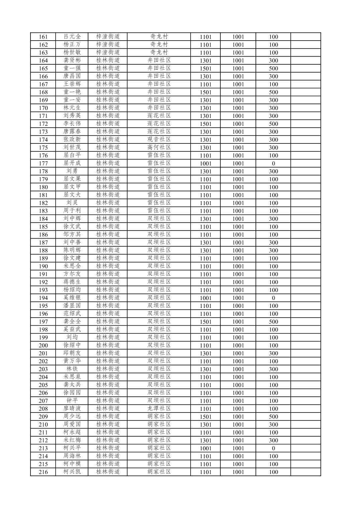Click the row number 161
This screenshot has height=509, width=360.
[43, 37]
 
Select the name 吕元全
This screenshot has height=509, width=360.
[72, 37]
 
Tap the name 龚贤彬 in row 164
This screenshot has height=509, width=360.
[72, 60]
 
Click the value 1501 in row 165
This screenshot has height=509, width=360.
[206, 68]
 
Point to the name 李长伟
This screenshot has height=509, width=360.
[72, 124]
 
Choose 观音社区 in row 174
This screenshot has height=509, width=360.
[159, 139]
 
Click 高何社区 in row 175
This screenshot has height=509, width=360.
[159, 147]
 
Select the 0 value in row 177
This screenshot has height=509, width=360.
[273, 164]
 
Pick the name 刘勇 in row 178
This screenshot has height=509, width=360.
[72, 171]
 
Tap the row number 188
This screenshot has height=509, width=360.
[43, 250]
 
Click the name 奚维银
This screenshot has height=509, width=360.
[72, 298]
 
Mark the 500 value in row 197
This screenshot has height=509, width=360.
[273, 322]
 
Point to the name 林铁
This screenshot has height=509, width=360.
[72, 369]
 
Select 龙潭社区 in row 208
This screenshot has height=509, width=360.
[159, 408]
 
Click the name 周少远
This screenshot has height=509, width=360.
[72, 417]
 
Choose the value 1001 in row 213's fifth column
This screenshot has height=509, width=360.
[206, 448]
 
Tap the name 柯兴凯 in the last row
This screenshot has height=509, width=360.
[72, 472]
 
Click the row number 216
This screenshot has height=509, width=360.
[43, 472]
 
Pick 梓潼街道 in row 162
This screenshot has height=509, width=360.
[108, 45]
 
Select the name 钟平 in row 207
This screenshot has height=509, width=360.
[72, 401]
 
